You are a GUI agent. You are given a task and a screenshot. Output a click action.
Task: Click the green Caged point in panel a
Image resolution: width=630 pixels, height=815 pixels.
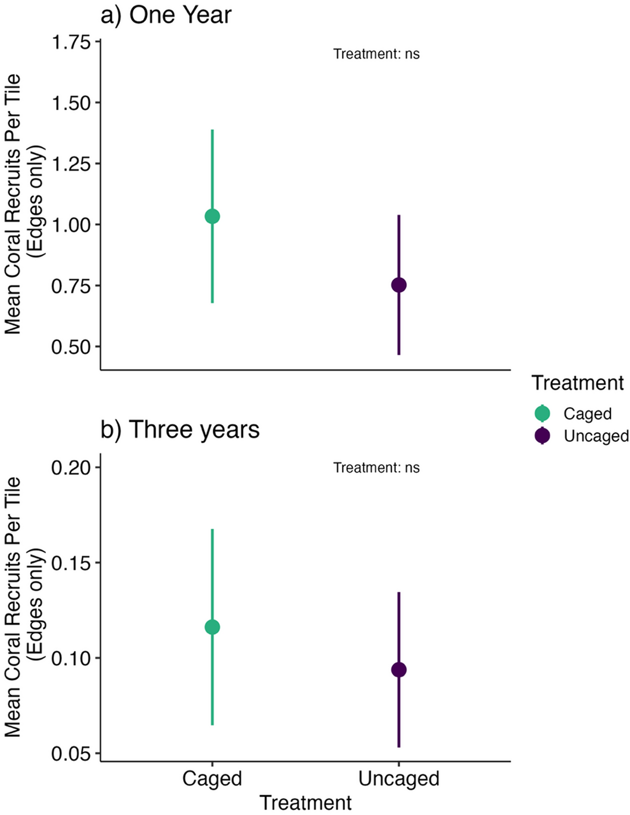tap(212, 217)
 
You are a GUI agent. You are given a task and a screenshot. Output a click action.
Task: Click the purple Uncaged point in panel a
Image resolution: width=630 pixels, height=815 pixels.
tap(399, 285)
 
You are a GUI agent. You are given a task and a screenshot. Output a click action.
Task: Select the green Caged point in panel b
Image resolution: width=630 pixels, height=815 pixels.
tap(212, 627)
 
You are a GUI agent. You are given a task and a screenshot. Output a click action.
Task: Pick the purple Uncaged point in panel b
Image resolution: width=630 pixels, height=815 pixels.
tap(399, 670)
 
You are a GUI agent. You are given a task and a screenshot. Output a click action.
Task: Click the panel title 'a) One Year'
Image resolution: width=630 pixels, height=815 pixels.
tap(166, 16)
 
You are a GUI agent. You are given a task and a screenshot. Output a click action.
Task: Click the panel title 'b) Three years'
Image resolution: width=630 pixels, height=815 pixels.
tap(180, 430)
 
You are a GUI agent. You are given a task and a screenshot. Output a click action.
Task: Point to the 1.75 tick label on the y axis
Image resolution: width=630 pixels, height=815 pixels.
tap(71, 42)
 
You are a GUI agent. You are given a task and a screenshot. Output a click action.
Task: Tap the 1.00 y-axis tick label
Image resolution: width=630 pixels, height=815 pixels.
tap(71, 225)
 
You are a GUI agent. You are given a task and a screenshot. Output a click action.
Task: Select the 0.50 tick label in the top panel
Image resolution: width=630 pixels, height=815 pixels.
tap(71, 347)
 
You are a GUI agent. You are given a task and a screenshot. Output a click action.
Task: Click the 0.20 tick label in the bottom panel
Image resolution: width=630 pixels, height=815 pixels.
tap(71, 468)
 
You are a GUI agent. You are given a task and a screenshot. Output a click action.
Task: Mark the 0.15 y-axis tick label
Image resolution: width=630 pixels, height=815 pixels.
tap(71, 563)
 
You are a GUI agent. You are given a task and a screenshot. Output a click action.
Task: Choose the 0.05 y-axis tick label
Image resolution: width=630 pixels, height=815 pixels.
tap(71, 754)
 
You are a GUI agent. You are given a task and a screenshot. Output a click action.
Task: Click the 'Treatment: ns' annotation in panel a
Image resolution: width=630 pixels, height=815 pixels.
tap(376, 54)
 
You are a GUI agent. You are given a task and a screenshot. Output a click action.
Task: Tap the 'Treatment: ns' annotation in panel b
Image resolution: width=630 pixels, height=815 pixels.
tap(376, 468)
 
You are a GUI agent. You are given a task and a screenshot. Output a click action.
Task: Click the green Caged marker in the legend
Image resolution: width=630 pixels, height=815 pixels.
tap(542, 413)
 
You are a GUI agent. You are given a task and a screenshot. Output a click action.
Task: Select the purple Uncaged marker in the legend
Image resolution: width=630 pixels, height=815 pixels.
tap(542, 436)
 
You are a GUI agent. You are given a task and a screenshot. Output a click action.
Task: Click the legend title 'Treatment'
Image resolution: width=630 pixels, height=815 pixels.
tap(577, 383)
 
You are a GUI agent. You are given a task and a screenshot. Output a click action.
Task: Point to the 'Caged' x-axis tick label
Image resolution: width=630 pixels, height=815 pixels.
tap(212, 779)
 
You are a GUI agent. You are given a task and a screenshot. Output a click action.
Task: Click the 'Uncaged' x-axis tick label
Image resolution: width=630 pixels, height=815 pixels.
tap(399, 779)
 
